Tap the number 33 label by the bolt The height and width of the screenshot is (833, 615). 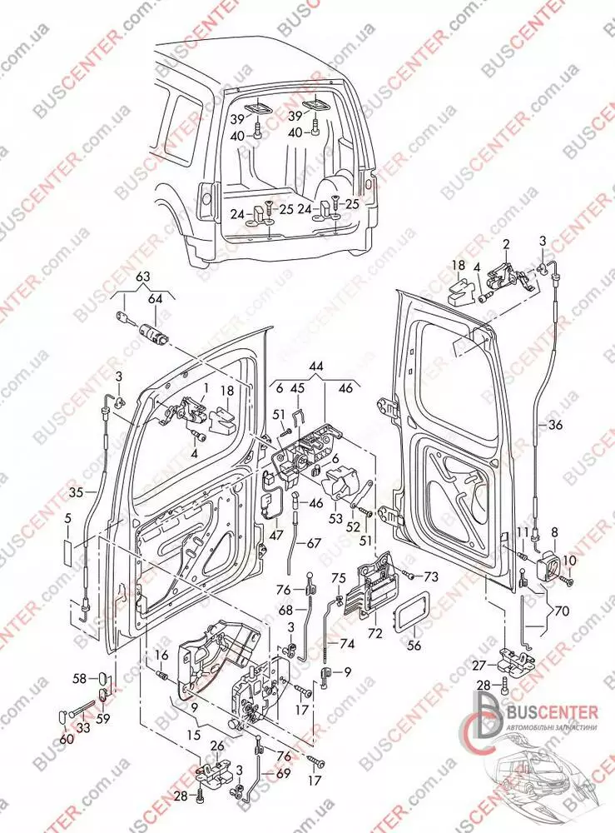pyautogui.click(x=83, y=728)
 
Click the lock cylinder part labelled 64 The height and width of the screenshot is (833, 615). pyautogui.click(x=151, y=332)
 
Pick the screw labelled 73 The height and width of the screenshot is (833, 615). pyautogui.click(x=407, y=575)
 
